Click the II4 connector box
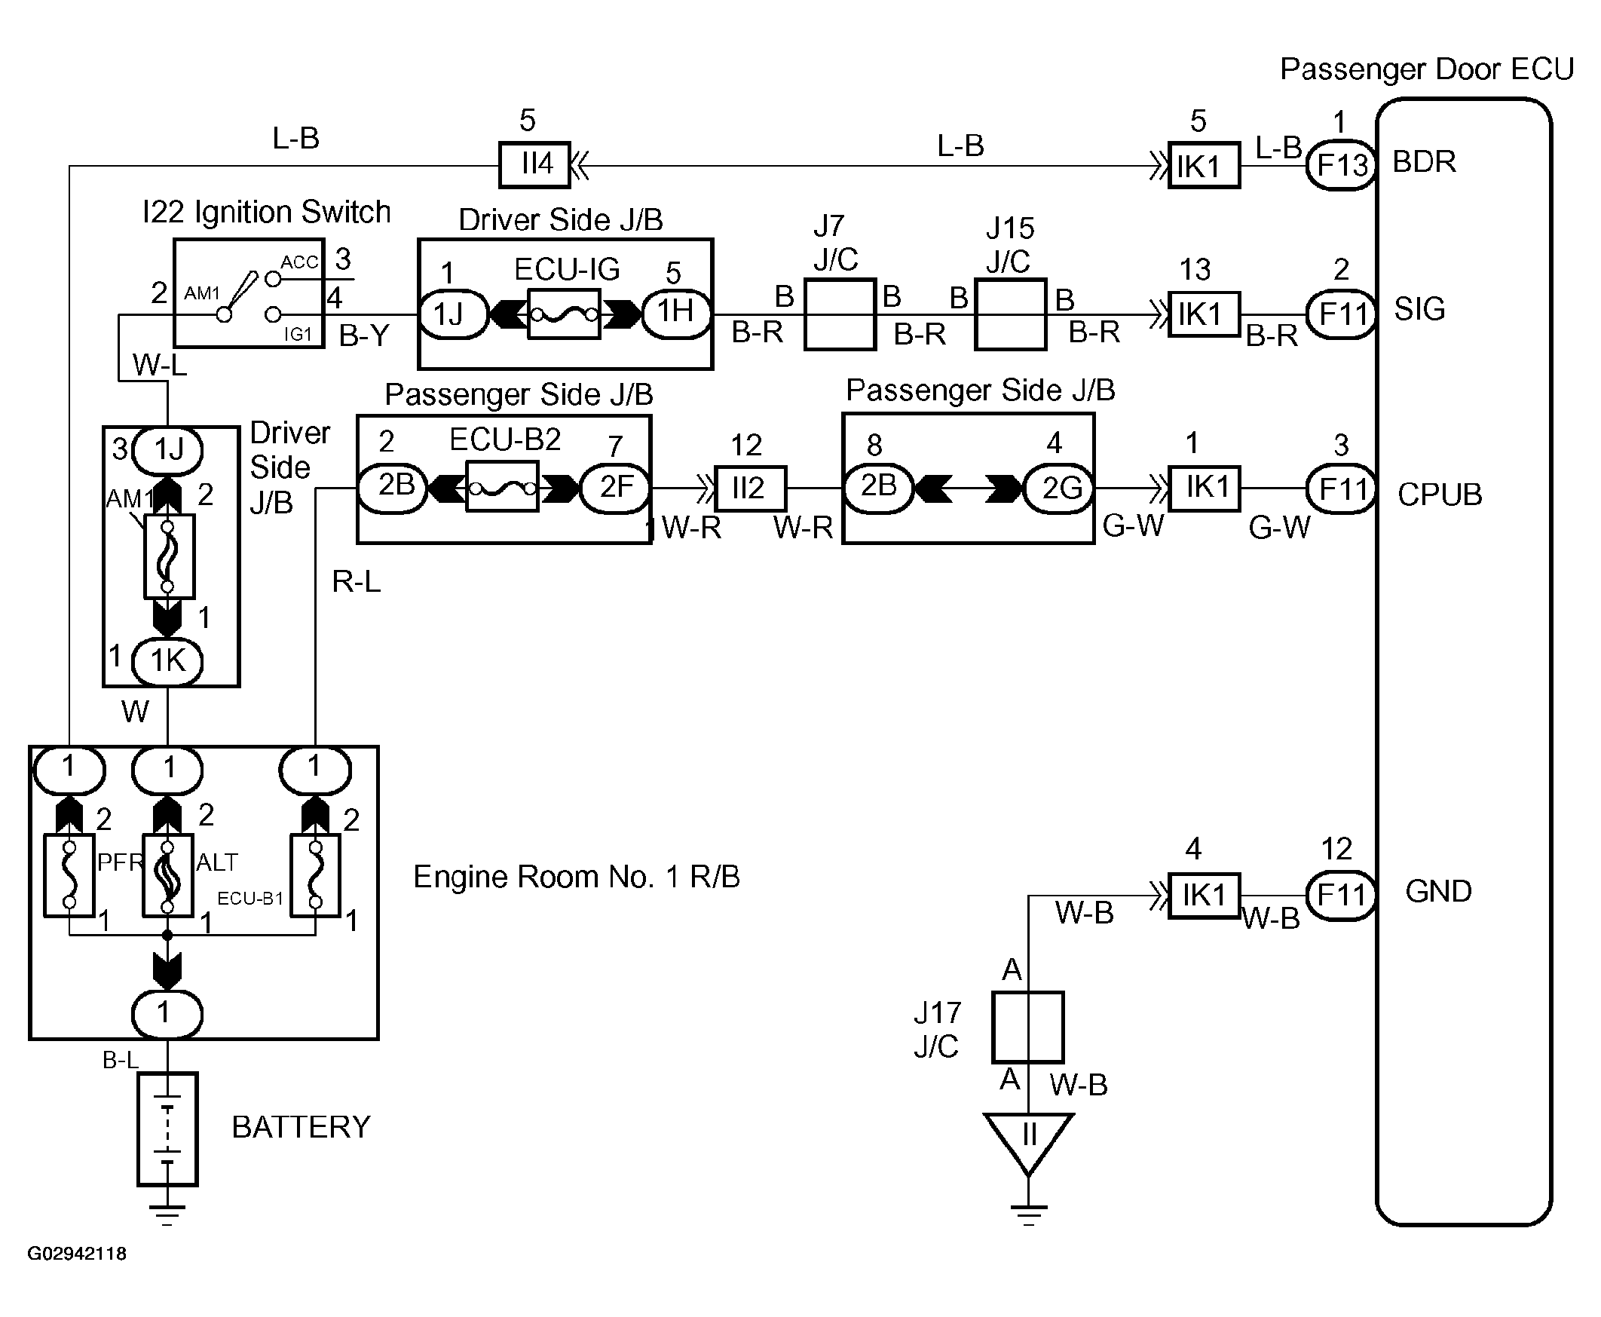(x=534, y=164)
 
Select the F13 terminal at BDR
(x=1341, y=164)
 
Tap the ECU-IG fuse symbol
(x=564, y=314)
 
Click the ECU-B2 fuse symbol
(x=502, y=486)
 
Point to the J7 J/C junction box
(x=840, y=314)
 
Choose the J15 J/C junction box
(x=1010, y=314)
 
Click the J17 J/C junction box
(x=1027, y=1027)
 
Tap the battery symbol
(x=167, y=1128)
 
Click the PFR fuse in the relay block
(x=69, y=875)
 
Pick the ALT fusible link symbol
(x=167, y=875)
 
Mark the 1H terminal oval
(x=676, y=312)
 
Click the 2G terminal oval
(x=1060, y=488)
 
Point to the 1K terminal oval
(x=167, y=661)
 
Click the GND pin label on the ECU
(x=1438, y=891)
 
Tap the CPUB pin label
(x=1440, y=495)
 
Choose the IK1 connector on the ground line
(x=1204, y=896)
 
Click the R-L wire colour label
(x=357, y=582)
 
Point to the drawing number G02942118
(x=77, y=1253)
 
